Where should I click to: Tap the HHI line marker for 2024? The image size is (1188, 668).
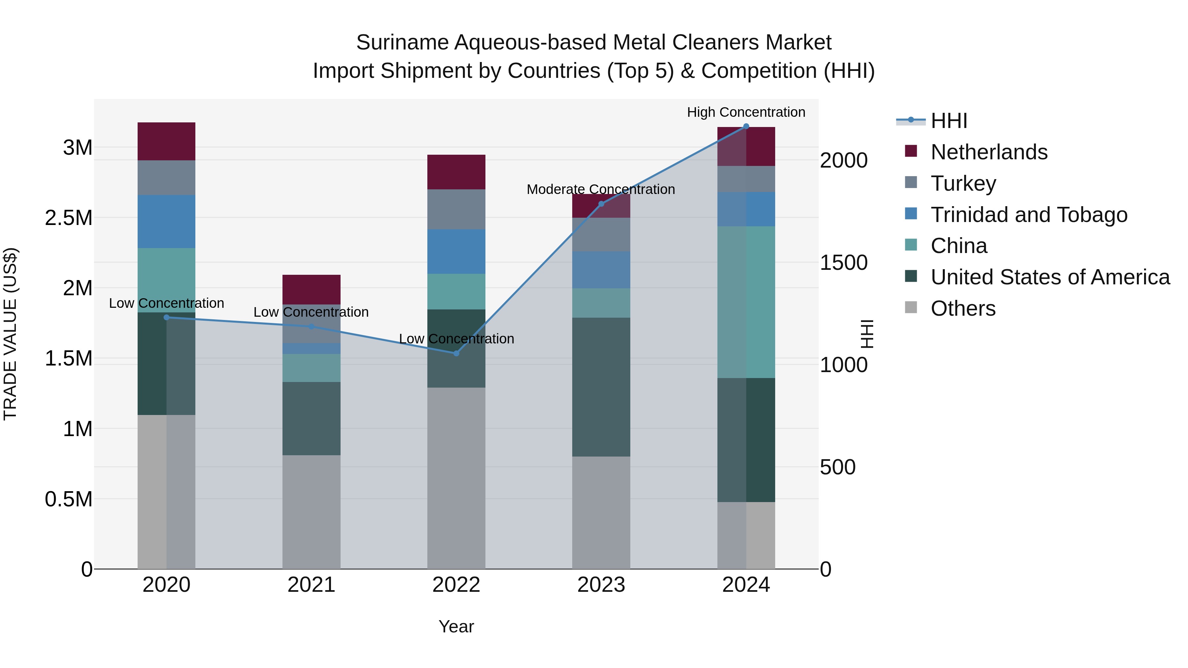coord(746,126)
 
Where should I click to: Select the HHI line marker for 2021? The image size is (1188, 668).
coord(311,326)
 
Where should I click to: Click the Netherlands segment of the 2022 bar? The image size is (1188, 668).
coord(456,172)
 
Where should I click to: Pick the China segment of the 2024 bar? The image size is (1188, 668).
coord(746,302)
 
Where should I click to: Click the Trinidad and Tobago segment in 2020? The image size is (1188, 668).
coord(167,221)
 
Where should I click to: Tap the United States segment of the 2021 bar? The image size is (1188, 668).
coord(311,418)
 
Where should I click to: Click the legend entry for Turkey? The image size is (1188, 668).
coord(963,183)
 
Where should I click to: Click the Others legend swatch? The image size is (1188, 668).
coord(911,307)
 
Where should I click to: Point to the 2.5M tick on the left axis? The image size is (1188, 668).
coord(69,218)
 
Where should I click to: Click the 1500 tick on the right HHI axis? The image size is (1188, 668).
coord(843,263)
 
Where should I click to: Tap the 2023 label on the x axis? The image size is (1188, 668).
coord(601,585)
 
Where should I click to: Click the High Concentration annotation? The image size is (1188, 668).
coord(746,112)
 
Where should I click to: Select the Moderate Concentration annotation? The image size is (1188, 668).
coord(601,189)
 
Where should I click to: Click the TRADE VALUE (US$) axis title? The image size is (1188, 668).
coord(10,334)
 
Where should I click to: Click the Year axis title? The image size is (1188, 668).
coord(456,626)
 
